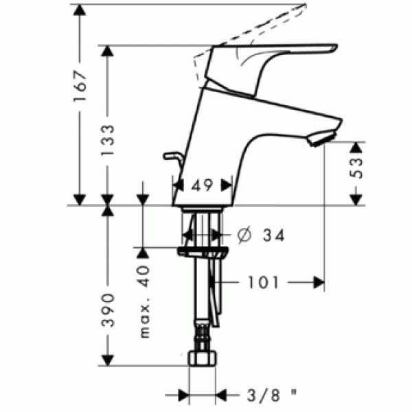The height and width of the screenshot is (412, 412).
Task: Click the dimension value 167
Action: point(82,86)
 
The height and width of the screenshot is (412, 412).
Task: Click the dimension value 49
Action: point(203,185)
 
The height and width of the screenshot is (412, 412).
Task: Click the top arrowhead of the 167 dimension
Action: point(82,8)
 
